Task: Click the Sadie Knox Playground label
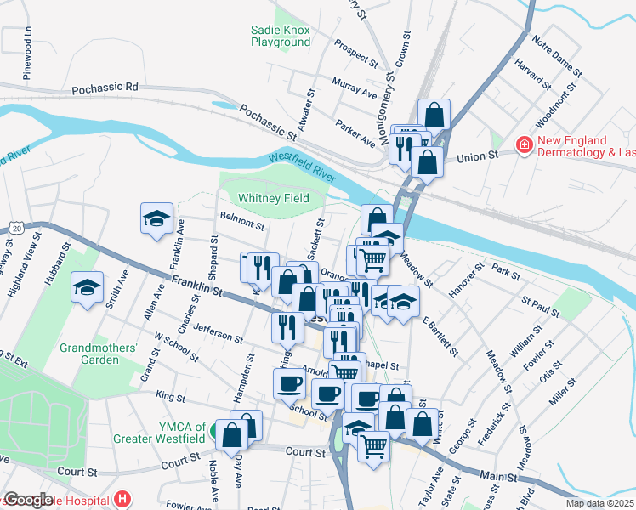click(281, 35)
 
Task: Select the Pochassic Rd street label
click(105, 87)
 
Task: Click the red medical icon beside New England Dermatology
click(525, 146)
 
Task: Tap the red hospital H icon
click(123, 499)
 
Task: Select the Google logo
click(28, 499)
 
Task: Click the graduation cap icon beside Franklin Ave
click(157, 219)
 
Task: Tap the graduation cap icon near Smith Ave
click(88, 288)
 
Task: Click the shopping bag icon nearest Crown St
click(434, 114)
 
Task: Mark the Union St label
click(475, 157)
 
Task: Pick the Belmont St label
click(242, 223)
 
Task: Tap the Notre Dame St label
click(556, 54)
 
